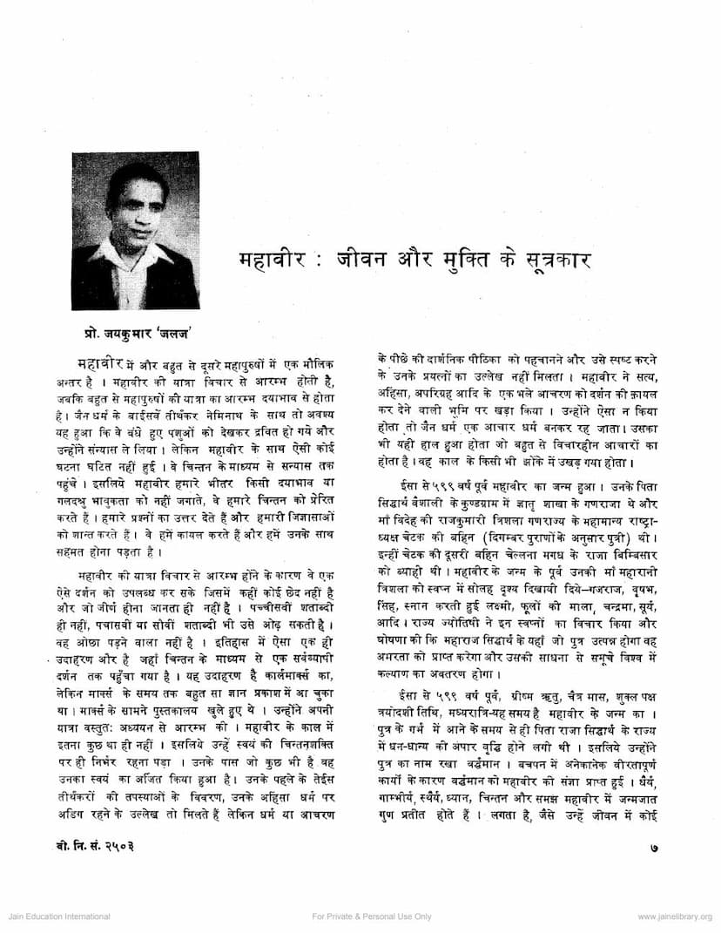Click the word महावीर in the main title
point(276,260)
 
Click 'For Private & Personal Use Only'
point(371,916)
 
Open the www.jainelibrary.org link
point(674,916)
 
